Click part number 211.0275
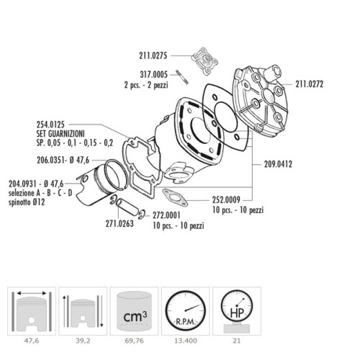(x=153, y=55)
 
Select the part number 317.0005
(x=153, y=75)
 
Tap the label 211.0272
(x=310, y=84)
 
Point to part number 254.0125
(x=50, y=125)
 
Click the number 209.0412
(x=278, y=164)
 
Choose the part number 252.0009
(x=226, y=199)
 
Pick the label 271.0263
(x=120, y=224)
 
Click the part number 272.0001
(x=166, y=215)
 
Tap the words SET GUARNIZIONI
(x=60, y=134)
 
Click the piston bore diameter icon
(x=32, y=311)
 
